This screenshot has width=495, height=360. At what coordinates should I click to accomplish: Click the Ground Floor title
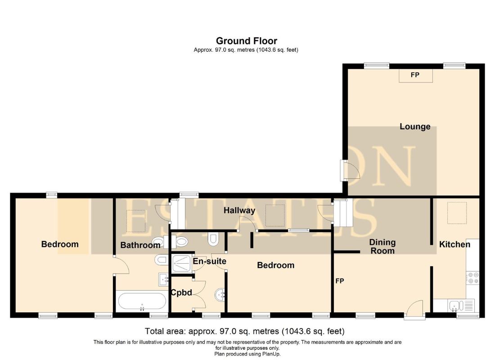pos(246,41)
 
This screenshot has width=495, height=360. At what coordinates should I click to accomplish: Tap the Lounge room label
pos(415,126)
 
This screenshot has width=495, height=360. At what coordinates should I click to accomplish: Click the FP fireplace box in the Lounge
pos(415,76)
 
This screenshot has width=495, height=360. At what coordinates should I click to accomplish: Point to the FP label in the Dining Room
pos(340,281)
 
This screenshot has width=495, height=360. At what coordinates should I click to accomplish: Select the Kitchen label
pos(454,244)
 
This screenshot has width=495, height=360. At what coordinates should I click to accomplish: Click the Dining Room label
pos(382,247)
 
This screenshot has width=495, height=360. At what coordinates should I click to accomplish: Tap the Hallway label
pos(239,211)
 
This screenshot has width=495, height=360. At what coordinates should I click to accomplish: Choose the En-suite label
pos(209,261)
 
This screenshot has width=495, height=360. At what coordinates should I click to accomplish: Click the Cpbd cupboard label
pos(181,293)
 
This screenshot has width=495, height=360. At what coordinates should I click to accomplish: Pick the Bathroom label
pos(140,245)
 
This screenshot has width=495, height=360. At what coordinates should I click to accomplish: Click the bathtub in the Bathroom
pos(142,301)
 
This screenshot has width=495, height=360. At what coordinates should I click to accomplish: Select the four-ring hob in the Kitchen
pos(473,278)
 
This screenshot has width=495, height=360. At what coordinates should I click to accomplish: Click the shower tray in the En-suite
pos(182,263)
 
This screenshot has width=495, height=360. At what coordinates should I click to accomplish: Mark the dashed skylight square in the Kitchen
pos(457,213)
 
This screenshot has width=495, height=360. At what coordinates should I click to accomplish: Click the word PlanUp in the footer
pos(271,354)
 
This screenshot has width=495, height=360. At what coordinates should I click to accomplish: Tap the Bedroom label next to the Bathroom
pos(60,244)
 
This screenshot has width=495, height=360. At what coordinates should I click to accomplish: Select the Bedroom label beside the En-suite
pos(275,265)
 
